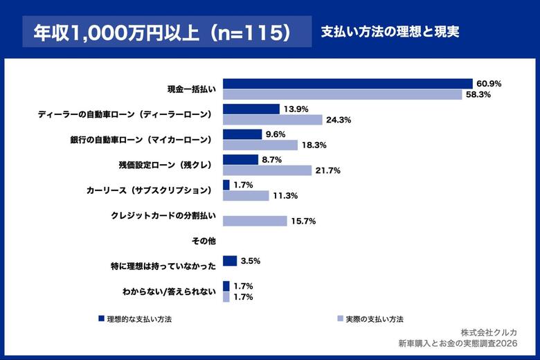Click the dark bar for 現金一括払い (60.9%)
348,84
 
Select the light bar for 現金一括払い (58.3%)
342,94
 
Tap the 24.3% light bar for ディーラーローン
273,120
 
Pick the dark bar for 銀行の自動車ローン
242,134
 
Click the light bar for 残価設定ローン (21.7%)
267,170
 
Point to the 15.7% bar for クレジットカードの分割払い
255,221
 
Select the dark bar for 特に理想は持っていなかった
230,261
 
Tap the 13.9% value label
296,109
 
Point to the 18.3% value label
314,145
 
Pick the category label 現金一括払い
192,89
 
